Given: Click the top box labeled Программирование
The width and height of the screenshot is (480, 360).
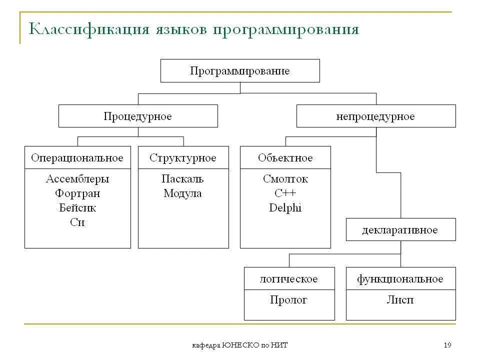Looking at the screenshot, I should [x=240, y=70].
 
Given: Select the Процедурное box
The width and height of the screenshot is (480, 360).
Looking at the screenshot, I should [x=138, y=116].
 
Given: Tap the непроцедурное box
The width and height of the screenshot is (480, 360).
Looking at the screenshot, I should [x=375, y=116].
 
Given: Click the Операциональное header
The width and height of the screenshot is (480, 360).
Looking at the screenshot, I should [x=77, y=158].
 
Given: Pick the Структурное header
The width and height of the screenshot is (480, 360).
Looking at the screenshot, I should [x=183, y=158].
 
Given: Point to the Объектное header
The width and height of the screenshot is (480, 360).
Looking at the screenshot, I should [x=285, y=158].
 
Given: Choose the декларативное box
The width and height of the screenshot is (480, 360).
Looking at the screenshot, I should [x=400, y=230].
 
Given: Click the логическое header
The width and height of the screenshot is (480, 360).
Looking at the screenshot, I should [x=289, y=279].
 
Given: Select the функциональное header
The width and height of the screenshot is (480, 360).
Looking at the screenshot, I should [x=400, y=279].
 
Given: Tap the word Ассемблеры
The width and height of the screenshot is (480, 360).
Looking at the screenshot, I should [x=77, y=179].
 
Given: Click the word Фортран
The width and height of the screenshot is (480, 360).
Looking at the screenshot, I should [x=77, y=193].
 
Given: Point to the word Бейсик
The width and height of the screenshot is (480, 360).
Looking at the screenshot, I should [x=77, y=208].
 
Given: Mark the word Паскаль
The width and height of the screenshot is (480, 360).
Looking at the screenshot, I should [x=183, y=179].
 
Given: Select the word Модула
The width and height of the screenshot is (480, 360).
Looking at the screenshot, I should [x=183, y=193].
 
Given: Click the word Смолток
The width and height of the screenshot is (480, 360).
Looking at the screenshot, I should [x=285, y=179].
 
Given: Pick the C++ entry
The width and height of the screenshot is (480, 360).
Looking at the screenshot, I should [x=285, y=193].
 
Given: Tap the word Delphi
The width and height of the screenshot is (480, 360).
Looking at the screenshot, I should [x=285, y=208].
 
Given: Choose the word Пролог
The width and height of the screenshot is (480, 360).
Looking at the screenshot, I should [x=289, y=300].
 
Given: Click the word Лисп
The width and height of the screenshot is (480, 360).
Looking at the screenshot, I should [x=400, y=300].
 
